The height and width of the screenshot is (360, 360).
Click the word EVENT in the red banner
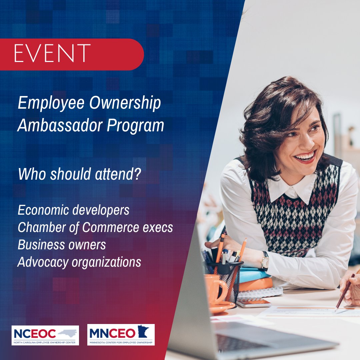52,53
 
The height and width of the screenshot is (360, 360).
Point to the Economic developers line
73,210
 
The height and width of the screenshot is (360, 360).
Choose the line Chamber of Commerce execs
95,228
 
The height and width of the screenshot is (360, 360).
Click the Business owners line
62,245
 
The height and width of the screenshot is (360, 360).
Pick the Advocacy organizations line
79,262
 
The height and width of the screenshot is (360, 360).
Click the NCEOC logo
45,335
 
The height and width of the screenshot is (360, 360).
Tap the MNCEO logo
121,334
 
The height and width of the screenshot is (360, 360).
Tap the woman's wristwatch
265,260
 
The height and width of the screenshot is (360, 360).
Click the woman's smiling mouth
305,157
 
